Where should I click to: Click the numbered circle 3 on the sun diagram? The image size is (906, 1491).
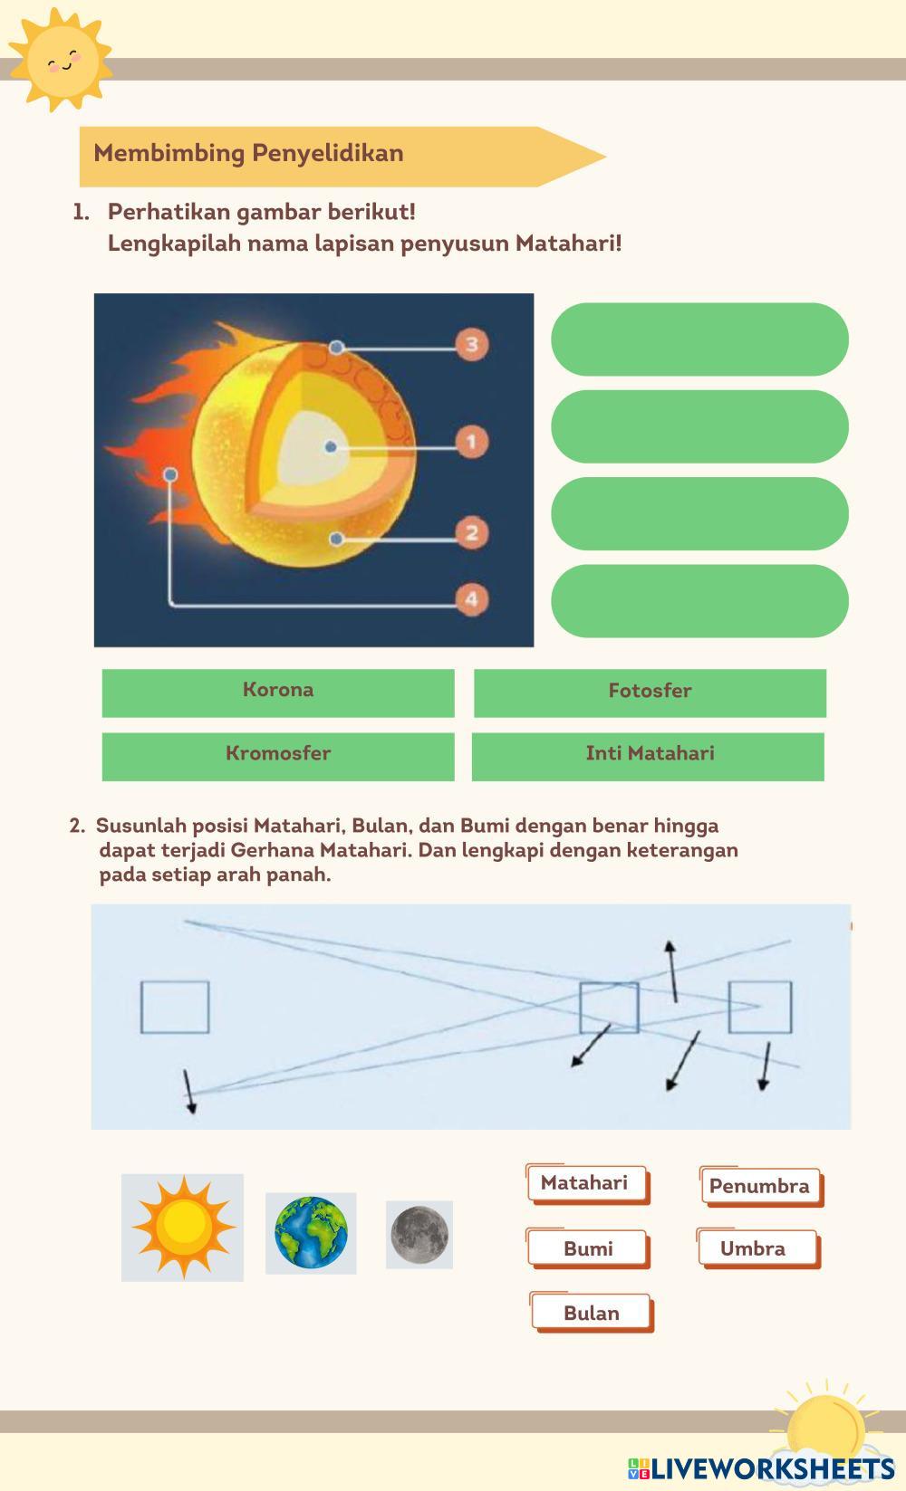pyautogui.click(x=471, y=344)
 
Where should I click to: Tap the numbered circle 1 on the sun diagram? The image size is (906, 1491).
pyautogui.click(x=471, y=442)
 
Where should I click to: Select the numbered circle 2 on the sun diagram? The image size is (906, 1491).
pyautogui.click(x=471, y=532)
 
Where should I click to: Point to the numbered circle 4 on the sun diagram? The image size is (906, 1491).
pyautogui.click(x=471, y=599)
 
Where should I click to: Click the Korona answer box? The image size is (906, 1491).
pyautogui.click(x=278, y=693)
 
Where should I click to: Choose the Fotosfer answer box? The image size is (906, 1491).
pyautogui.click(x=650, y=693)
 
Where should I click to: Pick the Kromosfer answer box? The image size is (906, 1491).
pyautogui.click(x=278, y=756)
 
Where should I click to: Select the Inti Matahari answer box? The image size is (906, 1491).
pyautogui.click(x=649, y=756)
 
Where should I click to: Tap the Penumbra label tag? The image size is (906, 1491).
pyautogui.click(x=760, y=1187)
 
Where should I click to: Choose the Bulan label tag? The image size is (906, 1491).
pyautogui.click(x=592, y=1314)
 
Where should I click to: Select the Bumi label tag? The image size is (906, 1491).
pyautogui.click(x=588, y=1249)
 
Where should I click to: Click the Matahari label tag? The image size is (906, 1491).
pyautogui.click(x=586, y=1184)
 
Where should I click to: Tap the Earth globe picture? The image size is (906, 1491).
pyautogui.click(x=311, y=1233)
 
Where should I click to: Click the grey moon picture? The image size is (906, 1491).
pyautogui.click(x=419, y=1234)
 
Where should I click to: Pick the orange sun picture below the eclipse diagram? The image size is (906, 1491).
pyautogui.click(x=182, y=1227)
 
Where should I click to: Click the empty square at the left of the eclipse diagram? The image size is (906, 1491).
pyautogui.click(x=175, y=1007)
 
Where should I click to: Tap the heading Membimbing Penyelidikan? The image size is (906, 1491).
pyautogui.click(x=248, y=153)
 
